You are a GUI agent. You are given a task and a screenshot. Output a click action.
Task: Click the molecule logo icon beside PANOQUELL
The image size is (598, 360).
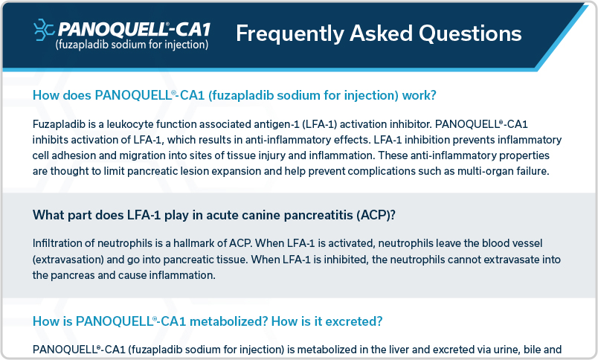click(44, 30)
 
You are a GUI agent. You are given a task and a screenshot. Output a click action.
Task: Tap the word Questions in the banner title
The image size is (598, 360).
click(470, 33)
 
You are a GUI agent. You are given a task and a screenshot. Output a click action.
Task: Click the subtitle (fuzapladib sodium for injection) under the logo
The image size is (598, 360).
click(132, 45)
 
